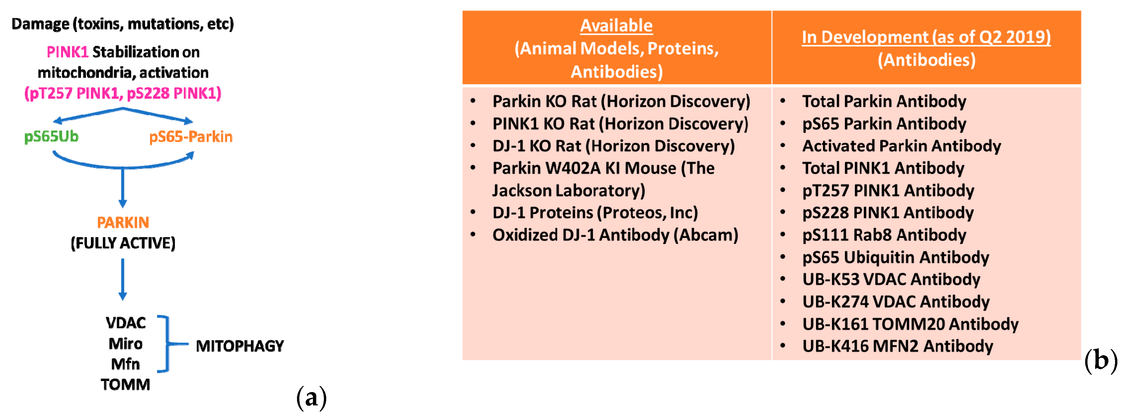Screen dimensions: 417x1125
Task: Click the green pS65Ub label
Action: point(51,136)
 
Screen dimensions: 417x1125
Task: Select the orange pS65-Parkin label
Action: point(190,137)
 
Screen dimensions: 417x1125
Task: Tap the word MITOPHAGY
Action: point(240,346)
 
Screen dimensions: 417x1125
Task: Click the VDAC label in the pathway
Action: point(126,323)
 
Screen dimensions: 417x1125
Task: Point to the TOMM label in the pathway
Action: point(125,385)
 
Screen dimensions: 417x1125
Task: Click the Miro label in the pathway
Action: point(126,344)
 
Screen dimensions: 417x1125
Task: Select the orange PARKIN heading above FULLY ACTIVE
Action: point(123,223)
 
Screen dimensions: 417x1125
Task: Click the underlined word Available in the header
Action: point(616,25)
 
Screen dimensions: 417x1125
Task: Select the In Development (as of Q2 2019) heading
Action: point(926,37)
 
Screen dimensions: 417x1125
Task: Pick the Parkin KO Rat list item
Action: point(621,101)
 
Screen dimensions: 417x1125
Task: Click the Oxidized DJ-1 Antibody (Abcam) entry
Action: point(615,235)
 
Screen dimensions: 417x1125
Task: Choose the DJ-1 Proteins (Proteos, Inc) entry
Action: point(595,213)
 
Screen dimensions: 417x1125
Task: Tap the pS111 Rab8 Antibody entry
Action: point(884,235)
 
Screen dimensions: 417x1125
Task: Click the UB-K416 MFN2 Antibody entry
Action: point(897,346)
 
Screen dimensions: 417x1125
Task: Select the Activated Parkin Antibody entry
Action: point(901,146)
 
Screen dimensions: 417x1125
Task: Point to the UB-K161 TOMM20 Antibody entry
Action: point(910,324)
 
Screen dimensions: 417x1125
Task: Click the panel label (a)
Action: point(311,398)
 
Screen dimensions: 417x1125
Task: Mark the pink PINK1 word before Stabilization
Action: point(67,52)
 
